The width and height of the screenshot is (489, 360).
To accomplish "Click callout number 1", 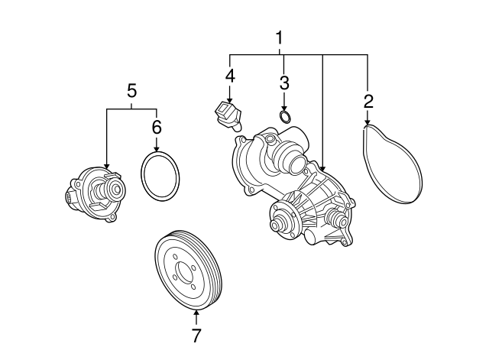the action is pyautogui.click(x=280, y=37).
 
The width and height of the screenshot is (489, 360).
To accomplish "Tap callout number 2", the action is pyautogui.click(x=368, y=102).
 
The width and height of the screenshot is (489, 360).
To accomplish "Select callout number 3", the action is pyautogui.click(x=284, y=83).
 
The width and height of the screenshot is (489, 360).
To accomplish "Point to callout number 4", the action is pyautogui.click(x=230, y=76).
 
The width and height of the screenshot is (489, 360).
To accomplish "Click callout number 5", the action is pyautogui.click(x=131, y=91).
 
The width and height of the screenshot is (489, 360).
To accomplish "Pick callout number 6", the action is pyautogui.click(x=157, y=127).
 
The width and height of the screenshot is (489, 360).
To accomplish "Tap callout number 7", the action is pyautogui.click(x=196, y=336).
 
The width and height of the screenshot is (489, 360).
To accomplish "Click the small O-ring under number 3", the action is pyautogui.click(x=285, y=116).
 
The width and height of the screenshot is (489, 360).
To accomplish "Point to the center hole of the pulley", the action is pyautogui.click(x=183, y=271).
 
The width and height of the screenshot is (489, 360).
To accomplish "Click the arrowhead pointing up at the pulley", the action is pyautogui.click(x=196, y=313).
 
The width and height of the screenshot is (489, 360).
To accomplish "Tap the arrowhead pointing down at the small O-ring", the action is pyautogui.click(x=284, y=107).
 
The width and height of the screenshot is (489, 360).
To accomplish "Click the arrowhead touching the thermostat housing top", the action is pyautogui.click(x=107, y=166).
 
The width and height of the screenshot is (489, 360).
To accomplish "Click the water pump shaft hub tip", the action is pyautogui.click(x=275, y=225).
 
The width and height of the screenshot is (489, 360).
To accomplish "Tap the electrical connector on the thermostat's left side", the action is pyautogui.click(x=70, y=197).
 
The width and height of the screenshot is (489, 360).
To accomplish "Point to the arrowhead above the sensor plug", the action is pyautogui.click(x=230, y=100).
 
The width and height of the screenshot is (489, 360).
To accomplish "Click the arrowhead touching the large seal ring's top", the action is pyautogui.click(x=157, y=149).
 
